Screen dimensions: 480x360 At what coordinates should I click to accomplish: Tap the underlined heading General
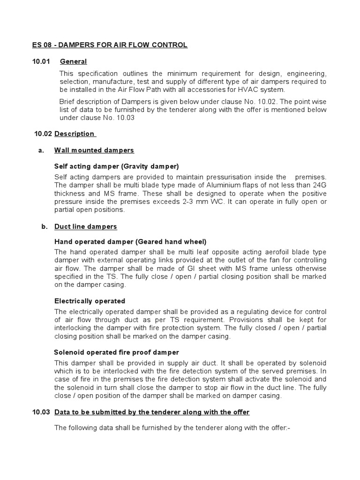pos(73,61)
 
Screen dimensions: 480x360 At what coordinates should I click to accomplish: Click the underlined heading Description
pos(75,134)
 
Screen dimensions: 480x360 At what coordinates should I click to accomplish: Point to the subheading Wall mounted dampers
pos(94,150)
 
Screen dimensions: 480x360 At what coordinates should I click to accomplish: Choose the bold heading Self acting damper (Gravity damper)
pos(117,166)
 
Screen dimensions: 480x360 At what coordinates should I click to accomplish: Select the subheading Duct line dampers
pos(85,226)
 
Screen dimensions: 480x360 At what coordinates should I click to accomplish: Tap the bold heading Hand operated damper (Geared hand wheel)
pos(130,242)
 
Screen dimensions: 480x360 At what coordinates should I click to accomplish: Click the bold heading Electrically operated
pos(90,301)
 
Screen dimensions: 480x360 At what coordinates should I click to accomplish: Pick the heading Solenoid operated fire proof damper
pos(117,352)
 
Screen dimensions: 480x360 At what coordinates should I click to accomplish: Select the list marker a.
pos(40,150)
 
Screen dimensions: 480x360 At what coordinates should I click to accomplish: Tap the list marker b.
pos(45,226)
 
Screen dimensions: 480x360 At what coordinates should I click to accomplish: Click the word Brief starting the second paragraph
pos(68,102)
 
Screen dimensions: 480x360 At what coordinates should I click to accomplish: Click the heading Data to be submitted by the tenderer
pos(152,412)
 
